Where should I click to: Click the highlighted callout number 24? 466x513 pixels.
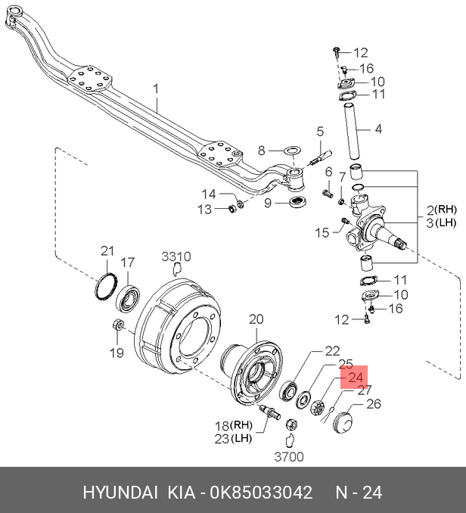356,377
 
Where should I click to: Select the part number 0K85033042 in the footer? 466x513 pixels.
256,493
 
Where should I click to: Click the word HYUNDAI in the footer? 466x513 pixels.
118,493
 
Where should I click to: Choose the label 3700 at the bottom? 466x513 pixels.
288,456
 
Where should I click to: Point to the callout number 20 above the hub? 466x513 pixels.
256,319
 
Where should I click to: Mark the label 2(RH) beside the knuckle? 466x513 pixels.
441,209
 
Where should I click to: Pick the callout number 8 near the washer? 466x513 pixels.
262,150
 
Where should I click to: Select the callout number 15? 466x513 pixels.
323,232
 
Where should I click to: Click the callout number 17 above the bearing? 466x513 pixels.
129,263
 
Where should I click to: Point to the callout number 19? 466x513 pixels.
115,353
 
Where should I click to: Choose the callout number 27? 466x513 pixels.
365,390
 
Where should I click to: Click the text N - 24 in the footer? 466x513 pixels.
359,493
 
